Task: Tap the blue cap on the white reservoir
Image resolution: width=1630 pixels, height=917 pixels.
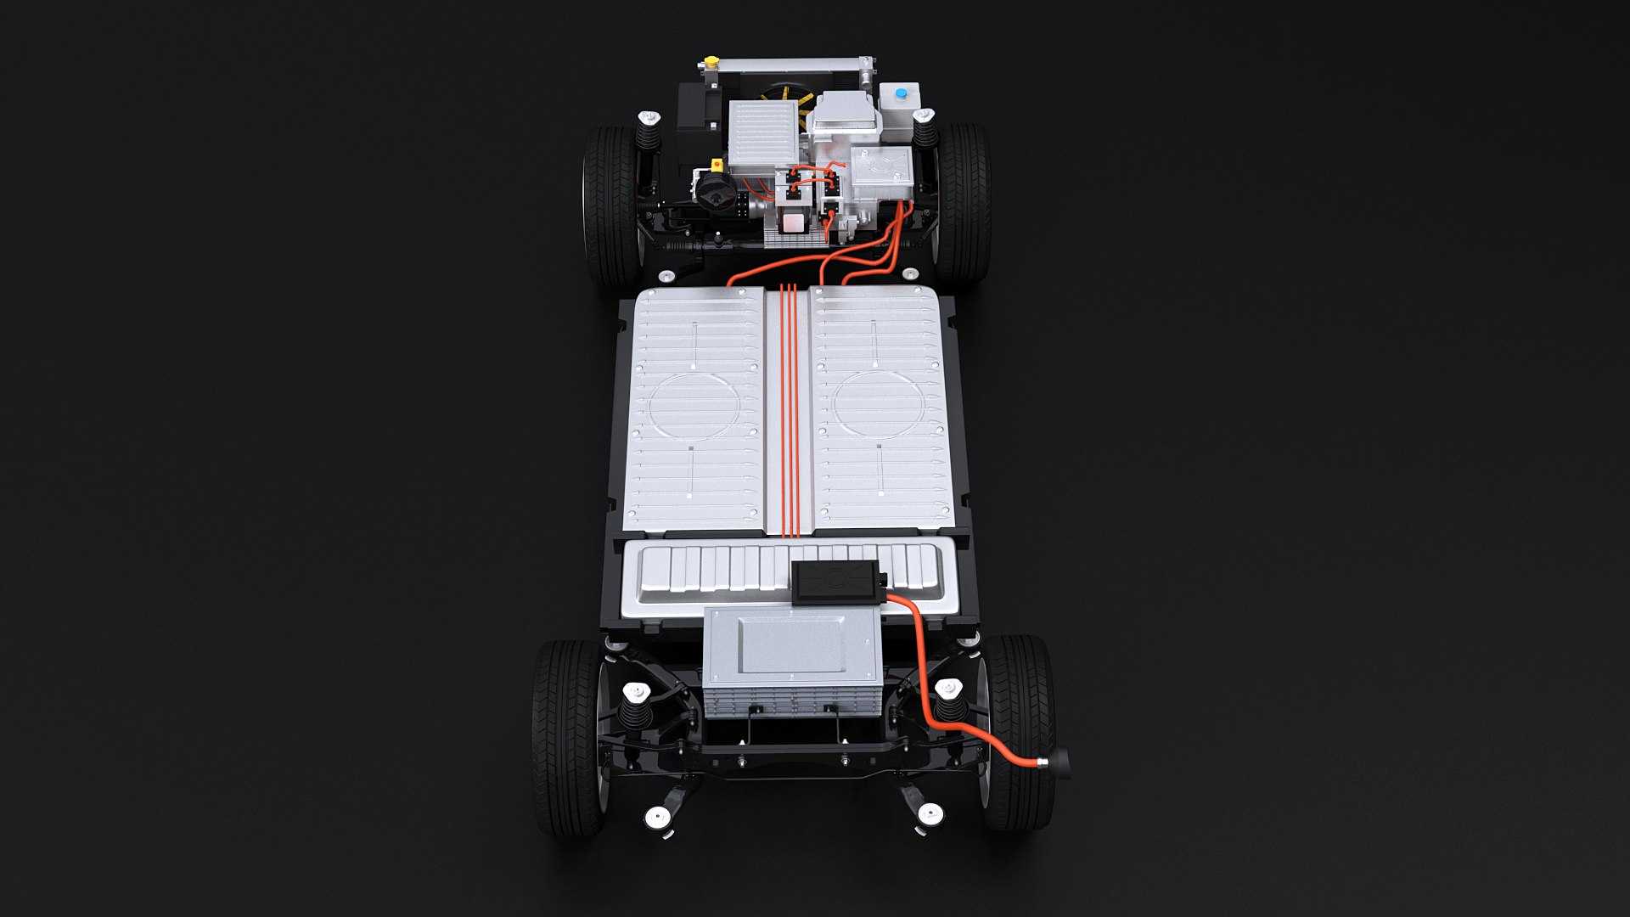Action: [901, 93]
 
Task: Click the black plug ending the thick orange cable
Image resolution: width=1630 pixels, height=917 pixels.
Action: [1059, 762]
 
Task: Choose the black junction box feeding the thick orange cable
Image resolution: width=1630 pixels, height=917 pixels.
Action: [835, 582]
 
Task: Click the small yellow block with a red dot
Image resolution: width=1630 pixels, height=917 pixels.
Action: [717, 163]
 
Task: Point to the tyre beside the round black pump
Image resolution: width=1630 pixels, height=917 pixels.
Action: [610, 205]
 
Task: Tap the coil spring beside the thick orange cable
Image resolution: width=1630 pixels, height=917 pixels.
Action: [950, 704]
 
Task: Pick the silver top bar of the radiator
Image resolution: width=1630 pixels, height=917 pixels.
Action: [790, 65]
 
